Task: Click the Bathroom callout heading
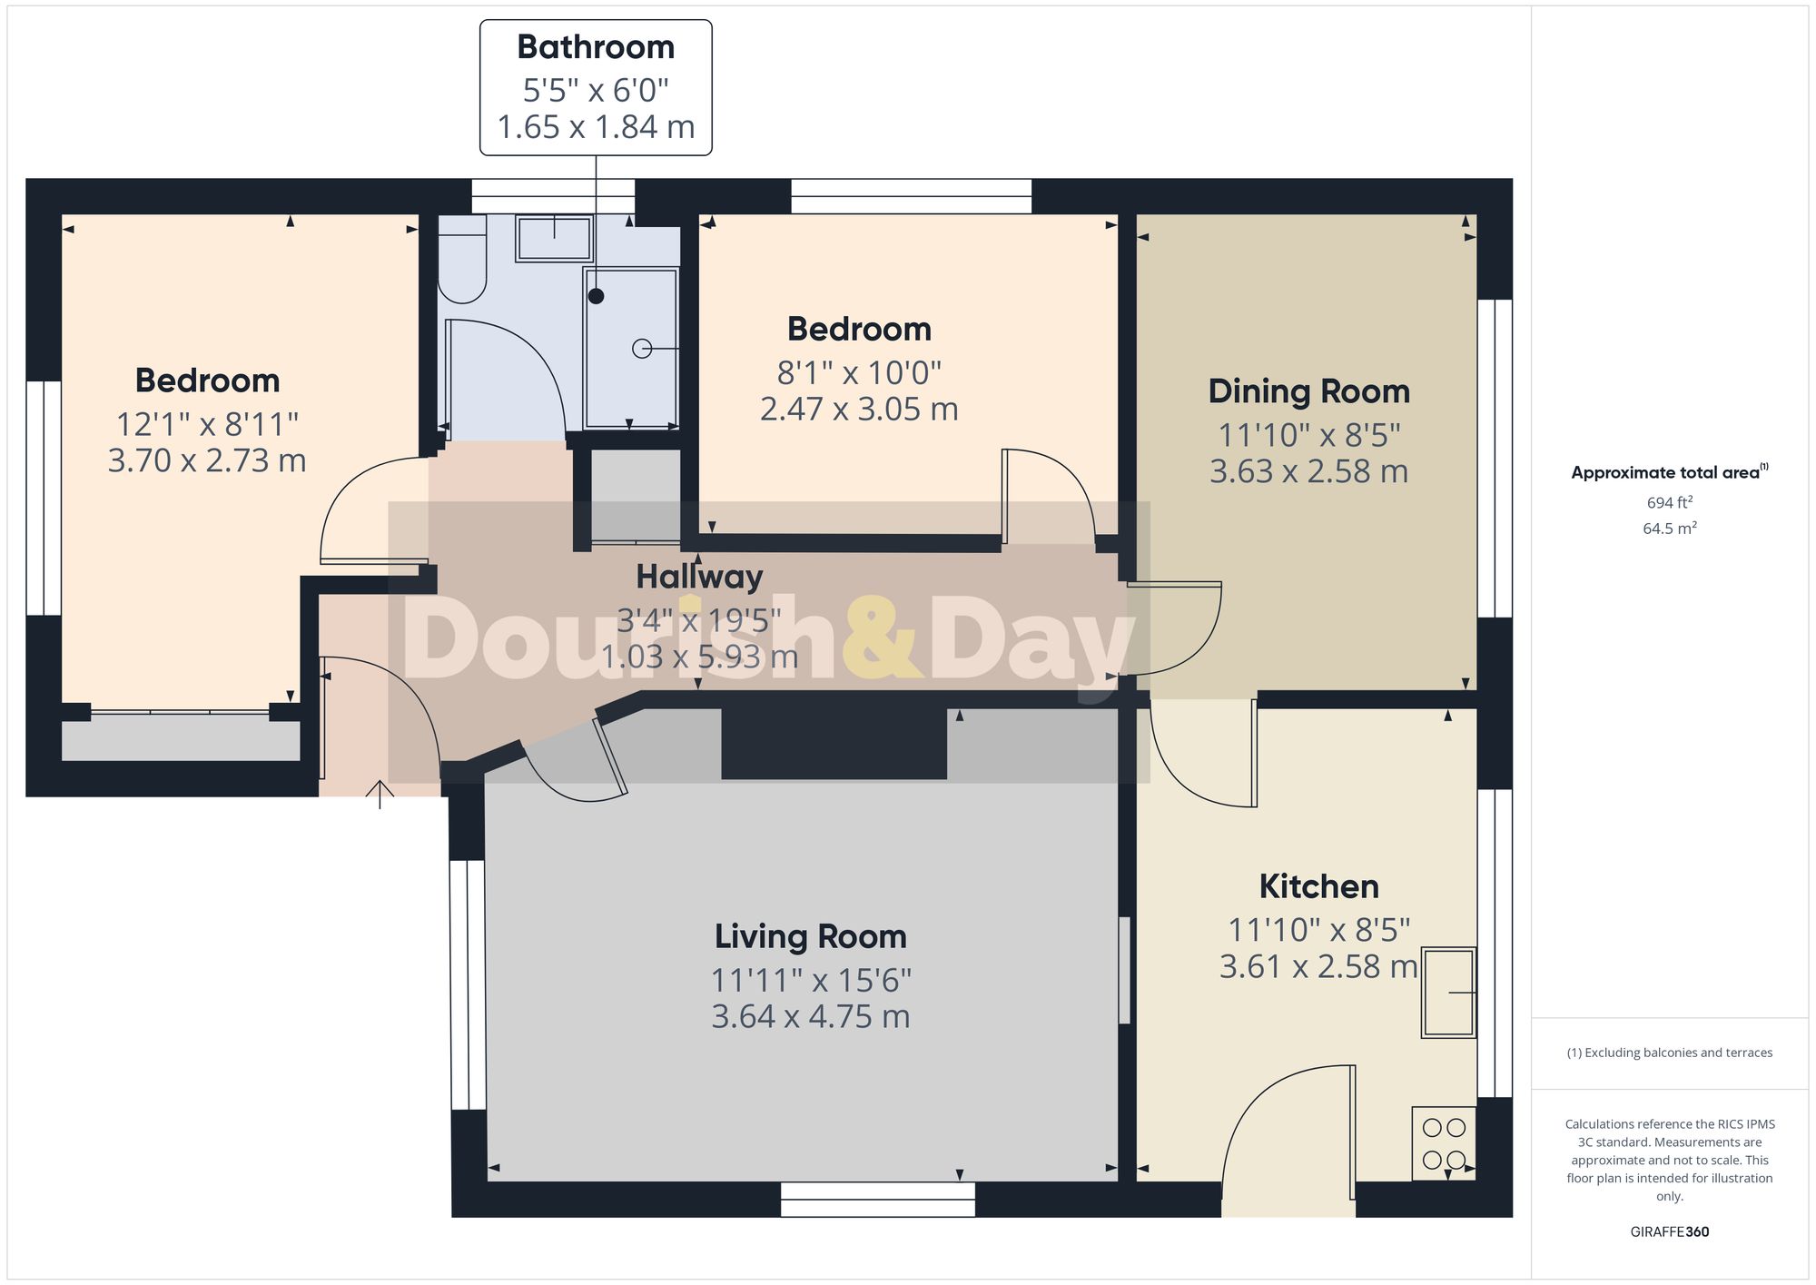[596, 47]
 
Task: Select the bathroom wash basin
[554, 238]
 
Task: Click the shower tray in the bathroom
[631, 349]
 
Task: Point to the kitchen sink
[1448, 993]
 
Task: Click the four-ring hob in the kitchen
[1444, 1143]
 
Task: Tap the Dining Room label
[1308, 391]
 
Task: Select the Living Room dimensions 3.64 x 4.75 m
[810, 1016]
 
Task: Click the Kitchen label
[1318, 886]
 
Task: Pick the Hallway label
[699, 577]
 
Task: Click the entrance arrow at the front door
[380, 794]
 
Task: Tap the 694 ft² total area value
[1669, 502]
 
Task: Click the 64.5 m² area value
[1669, 529]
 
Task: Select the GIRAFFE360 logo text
[1669, 1231]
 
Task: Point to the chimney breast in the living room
[834, 743]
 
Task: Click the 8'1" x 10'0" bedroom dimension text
[859, 373]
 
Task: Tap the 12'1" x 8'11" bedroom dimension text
[207, 424]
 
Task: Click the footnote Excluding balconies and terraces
[1669, 1053]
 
